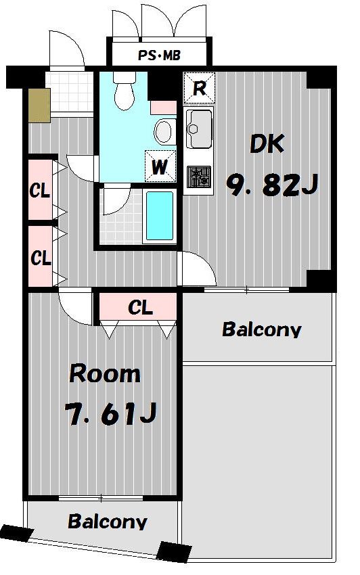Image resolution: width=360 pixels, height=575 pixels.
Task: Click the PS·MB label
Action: [159, 55]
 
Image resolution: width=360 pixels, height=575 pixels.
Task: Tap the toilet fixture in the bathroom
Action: [125, 90]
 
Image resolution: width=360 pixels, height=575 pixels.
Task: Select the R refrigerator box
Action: [199, 88]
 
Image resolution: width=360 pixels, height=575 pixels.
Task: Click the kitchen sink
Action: [199, 128]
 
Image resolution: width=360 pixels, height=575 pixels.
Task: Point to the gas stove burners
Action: [199, 177]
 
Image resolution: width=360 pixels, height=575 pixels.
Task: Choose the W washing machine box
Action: [160, 166]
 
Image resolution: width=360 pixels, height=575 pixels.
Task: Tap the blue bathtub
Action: [160, 216]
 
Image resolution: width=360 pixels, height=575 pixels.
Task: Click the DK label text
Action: [267, 144]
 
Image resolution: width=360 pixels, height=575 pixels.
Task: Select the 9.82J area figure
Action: [271, 185]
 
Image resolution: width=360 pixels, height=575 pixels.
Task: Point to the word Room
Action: [105, 374]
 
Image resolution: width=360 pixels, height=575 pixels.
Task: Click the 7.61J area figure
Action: [111, 414]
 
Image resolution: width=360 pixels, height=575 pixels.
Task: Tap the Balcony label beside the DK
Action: [262, 329]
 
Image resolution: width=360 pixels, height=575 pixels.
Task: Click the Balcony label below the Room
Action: [108, 521]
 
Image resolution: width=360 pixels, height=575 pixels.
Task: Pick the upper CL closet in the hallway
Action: [41, 190]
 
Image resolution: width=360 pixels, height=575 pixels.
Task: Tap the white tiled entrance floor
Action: [69, 92]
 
